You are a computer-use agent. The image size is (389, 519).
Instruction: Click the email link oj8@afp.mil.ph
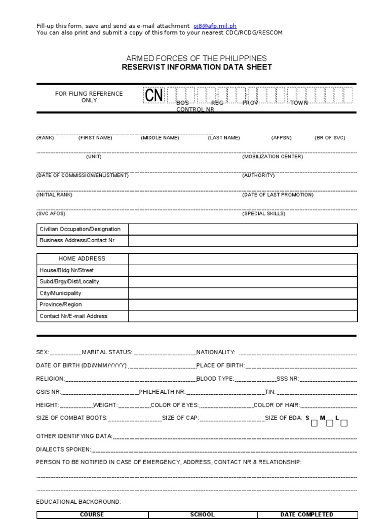click(x=215, y=26)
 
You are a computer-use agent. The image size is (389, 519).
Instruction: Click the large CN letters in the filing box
click(x=154, y=95)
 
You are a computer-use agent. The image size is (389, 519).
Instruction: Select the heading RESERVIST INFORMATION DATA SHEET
click(x=197, y=67)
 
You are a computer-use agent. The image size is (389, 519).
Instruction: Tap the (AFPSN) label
click(x=282, y=138)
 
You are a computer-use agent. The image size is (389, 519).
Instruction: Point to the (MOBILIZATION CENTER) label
click(x=273, y=157)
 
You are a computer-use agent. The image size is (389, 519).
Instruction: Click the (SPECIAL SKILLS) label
click(x=263, y=213)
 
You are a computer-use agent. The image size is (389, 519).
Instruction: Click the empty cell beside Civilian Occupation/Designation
click(x=243, y=229)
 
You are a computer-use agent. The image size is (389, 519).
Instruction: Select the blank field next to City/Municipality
click(x=243, y=293)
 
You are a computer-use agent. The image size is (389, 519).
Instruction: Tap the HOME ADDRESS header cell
click(x=82, y=258)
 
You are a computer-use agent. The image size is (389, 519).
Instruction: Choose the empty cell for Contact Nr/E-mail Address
click(x=243, y=316)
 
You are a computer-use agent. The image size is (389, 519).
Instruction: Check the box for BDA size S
click(x=314, y=423)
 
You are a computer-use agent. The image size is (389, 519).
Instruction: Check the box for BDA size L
click(x=344, y=423)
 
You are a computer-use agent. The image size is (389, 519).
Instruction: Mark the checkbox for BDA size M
click(x=329, y=423)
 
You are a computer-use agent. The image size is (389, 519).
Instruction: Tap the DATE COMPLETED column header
click(x=306, y=514)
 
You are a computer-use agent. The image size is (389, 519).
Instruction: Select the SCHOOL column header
click(x=202, y=514)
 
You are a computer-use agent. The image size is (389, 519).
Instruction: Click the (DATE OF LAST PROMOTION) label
click(x=278, y=195)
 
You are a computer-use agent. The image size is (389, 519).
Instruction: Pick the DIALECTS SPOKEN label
click(x=63, y=449)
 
